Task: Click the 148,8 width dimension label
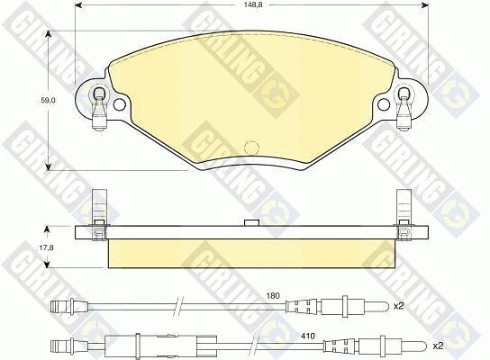(x=251, y=4)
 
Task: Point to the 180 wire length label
(x=273, y=295)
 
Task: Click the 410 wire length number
(x=307, y=337)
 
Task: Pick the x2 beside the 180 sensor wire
(x=398, y=306)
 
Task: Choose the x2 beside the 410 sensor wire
(x=438, y=346)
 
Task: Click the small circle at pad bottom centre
(x=251, y=147)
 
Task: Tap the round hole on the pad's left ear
(x=119, y=104)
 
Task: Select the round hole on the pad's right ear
(x=384, y=104)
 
